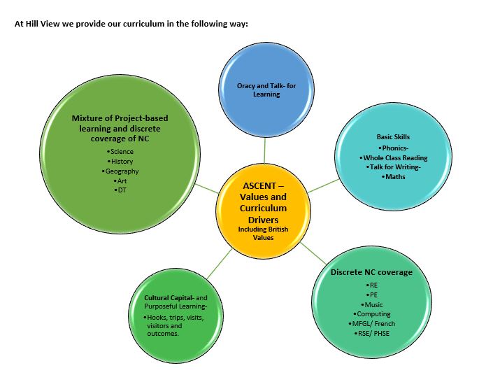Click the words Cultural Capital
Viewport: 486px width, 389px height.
(160, 297)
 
